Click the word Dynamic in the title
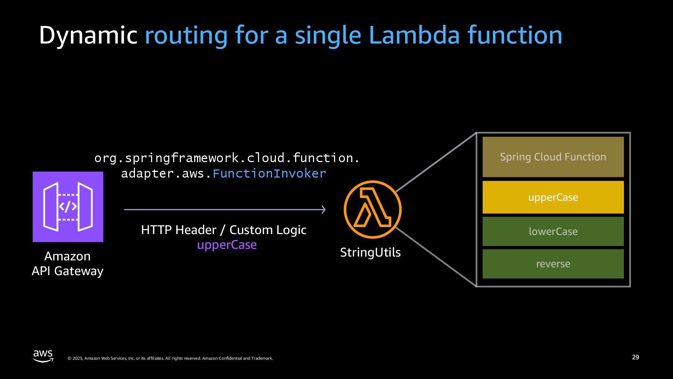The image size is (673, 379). (x=88, y=35)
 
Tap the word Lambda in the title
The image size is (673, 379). (x=414, y=35)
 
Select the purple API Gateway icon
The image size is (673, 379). (x=68, y=207)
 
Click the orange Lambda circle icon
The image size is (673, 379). (x=372, y=210)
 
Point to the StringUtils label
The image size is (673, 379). (x=370, y=252)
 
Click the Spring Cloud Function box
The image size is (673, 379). (x=553, y=157)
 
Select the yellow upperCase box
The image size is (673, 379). (x=553, y=197)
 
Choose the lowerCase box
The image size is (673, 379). (x=553, y=231)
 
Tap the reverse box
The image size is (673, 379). (x=553, y=264)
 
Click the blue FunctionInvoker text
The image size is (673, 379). (x=269, y=173)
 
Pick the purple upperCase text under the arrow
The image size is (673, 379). (x=227, y=245)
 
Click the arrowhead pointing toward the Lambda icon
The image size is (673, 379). (x=324, y=210)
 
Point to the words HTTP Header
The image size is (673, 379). (x=179, y=230)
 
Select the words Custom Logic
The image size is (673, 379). (x=268, y=230)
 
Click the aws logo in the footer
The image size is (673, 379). (x=43, y=355)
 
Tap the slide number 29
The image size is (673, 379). (x=635, y=357)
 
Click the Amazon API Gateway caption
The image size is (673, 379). (x=68, y=264)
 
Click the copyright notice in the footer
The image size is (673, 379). (x=170, y=358)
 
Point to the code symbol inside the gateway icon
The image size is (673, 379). (x=68, y=207)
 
